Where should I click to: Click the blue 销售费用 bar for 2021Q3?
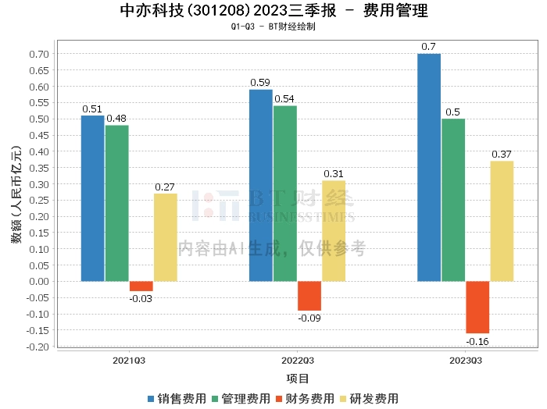(92, 198)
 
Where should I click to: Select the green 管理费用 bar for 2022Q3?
(285, 193)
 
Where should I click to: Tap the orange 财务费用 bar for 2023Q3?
(477, 307)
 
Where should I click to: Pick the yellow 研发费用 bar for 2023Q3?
(502, 221)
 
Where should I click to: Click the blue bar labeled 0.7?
(429, 167)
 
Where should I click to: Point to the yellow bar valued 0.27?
(165, 237)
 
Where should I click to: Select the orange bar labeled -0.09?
(309, 296)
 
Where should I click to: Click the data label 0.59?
(260, 82)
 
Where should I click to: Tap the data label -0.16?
(477, 342)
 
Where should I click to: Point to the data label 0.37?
(502, 153)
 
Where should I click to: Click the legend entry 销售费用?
(177, 398)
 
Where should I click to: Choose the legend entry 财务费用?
(304, 398)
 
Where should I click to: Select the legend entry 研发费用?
(367, 398)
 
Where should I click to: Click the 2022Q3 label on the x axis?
(297, 361)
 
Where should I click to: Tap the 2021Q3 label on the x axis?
(129, 361)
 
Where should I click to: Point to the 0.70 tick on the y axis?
(39, 54)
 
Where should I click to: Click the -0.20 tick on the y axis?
(38, 346)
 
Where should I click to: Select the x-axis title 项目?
(298, 379)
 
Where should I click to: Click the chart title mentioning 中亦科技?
(274, 12)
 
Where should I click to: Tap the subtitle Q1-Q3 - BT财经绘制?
(273, 27)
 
